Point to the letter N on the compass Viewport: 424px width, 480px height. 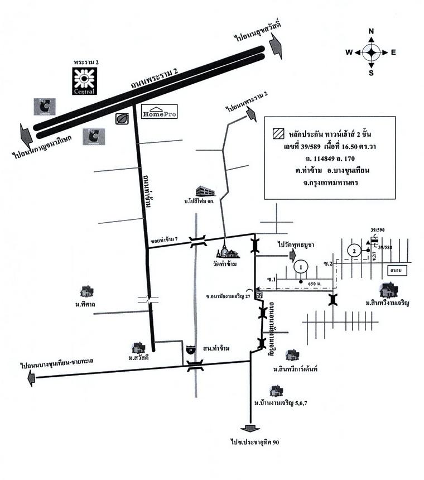coord(372,31)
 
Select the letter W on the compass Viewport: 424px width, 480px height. coord(349,52)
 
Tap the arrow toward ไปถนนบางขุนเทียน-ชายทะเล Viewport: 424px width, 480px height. coord(31,378)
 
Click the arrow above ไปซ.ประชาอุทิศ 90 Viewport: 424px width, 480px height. coord(250,428)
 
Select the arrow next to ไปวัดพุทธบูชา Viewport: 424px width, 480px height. coord(292,256)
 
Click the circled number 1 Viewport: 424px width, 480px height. coord(301,268)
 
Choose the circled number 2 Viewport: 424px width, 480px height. coord(353,251)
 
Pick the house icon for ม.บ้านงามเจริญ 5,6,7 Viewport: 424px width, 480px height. coord(274,391)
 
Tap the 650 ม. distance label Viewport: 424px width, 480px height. coord(315,284)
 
